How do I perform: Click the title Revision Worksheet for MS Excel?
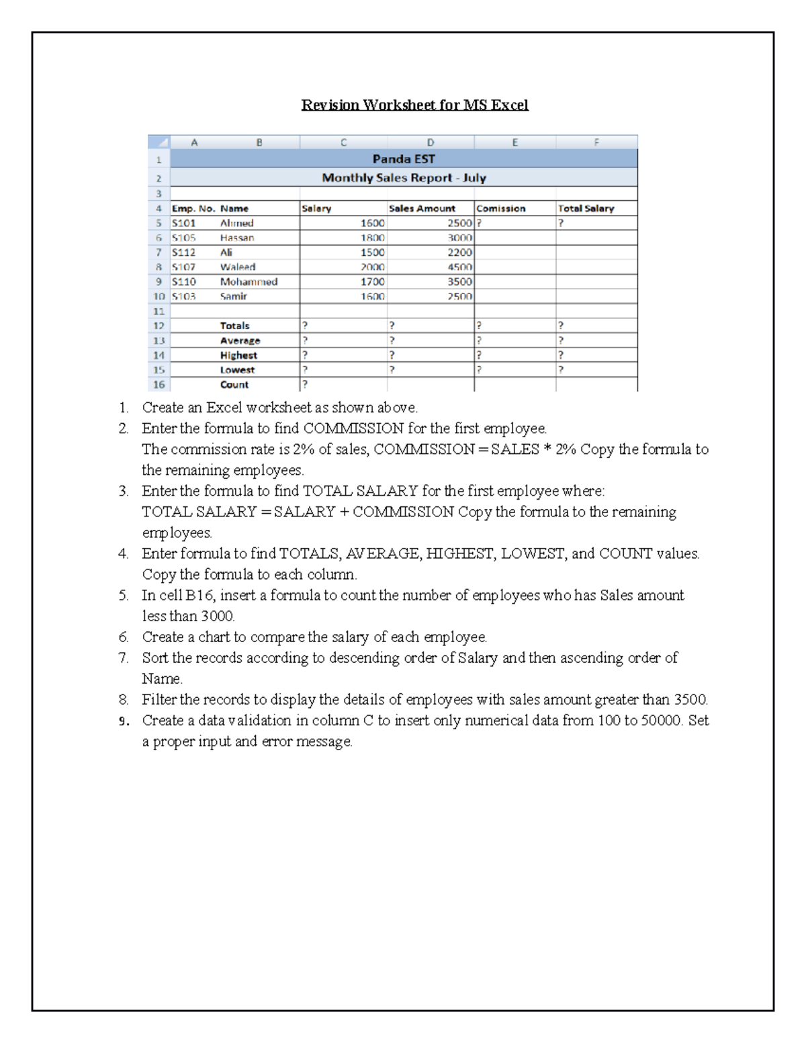[x=414, y=105]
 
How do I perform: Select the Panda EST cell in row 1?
[x=404, y=159]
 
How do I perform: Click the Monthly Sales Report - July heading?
[x=404, y=178]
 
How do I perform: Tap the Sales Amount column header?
[x=422, y=209]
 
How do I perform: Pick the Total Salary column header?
[x=586, y=209]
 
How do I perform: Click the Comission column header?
[x=501, y=209]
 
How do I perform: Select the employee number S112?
[x=184, y=253]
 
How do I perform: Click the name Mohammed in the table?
[x=249, y=282]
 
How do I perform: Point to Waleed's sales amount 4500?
[x=459, y=267]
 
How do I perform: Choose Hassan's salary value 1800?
[x=372, y=238]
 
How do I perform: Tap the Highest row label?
[x=238, y=355]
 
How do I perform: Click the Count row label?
[x=234, y=385]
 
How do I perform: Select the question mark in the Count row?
[x=305, y=385]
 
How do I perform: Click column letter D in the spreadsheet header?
[x=431, y=142]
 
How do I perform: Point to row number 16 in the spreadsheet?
[x=159, y=385]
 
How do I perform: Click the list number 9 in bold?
[x=123, y=721]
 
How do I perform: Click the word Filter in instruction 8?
[x=159, y=700]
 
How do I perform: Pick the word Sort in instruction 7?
[x=154, y=658]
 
